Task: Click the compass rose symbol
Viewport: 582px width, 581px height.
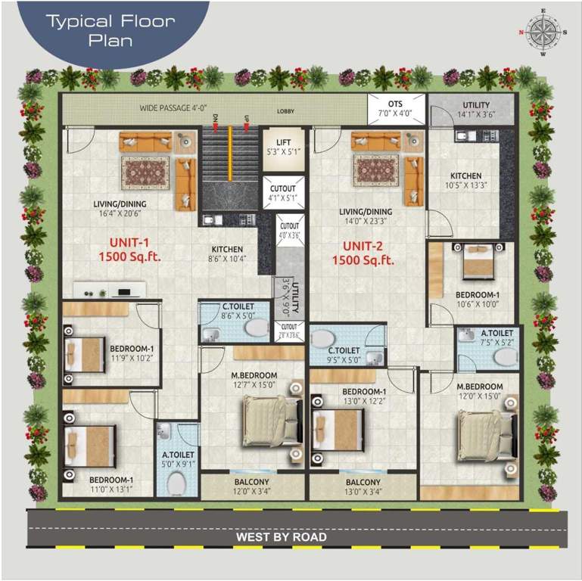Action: pyautogui.click(x=542, y=33)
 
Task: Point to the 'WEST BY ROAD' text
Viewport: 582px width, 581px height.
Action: pyautogui.click(x=282, y=537)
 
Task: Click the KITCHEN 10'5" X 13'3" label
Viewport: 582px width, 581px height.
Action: pyautogui.click(x=465, y=180)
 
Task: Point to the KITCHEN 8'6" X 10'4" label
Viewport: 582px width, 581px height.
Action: pyautogui.click(x=227, y=254)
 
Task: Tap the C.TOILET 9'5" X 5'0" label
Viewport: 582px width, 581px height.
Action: pyautogui.click(x=343, y=356)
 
